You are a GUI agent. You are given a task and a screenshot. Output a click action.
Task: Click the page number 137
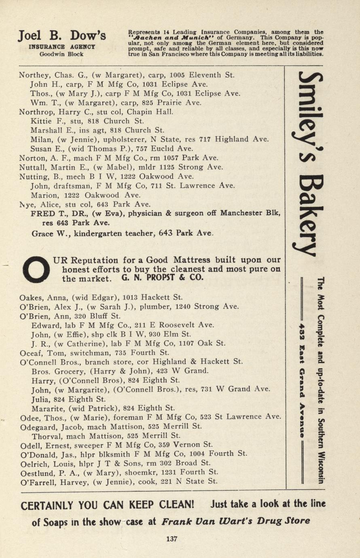tap(172, 538)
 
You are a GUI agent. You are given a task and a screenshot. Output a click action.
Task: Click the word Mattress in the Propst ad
tap(193, 260)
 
